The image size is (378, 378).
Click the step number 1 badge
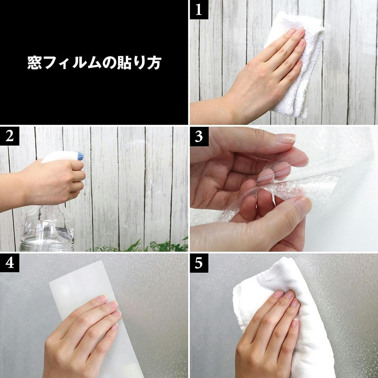[199, 10]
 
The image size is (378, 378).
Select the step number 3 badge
[199, 136]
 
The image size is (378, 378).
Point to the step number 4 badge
[9, 263]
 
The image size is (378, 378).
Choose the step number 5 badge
[199, 263]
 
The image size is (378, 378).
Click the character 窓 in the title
[34, 63]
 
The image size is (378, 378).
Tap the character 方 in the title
[153, 63]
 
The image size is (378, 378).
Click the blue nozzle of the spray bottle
[80, 156]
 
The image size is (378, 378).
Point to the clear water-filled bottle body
[47, 229]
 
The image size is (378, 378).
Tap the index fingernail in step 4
[102, 299]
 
